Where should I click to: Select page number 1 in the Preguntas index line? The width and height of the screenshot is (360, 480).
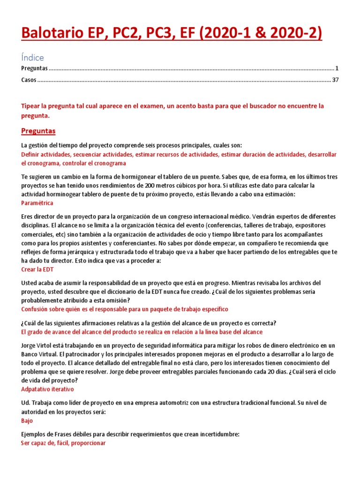pyautogui.click(x=337, y=68)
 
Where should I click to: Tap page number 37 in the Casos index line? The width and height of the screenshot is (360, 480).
pyautogui.click(x=335, y=80)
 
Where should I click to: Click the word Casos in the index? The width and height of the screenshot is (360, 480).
pyautogui.click(x=29, y=80)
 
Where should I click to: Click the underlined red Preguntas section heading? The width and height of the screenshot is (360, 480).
pyautogui.click(x=38, y=131)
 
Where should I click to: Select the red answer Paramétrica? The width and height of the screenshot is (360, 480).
pyautogui.click(x=37, y=203)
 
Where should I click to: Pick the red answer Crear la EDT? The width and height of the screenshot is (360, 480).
pyautogui.click(x=38, y=270)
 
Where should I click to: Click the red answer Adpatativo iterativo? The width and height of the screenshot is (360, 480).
pyautogui.click(x=47, y=389)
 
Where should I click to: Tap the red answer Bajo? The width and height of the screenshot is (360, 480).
pyautogui.click(x=27, y=420)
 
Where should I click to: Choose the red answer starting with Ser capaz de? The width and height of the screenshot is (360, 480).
pyautogui.click(x=63, y=442)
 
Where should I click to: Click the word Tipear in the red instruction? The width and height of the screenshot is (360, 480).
pyautogui.click(x=31, y=106)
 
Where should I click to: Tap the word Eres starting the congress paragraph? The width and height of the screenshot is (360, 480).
pyautogui.click(x=28, y=217)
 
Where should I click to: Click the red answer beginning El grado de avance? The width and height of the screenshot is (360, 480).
pyautogui.click(x=142, y=331)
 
